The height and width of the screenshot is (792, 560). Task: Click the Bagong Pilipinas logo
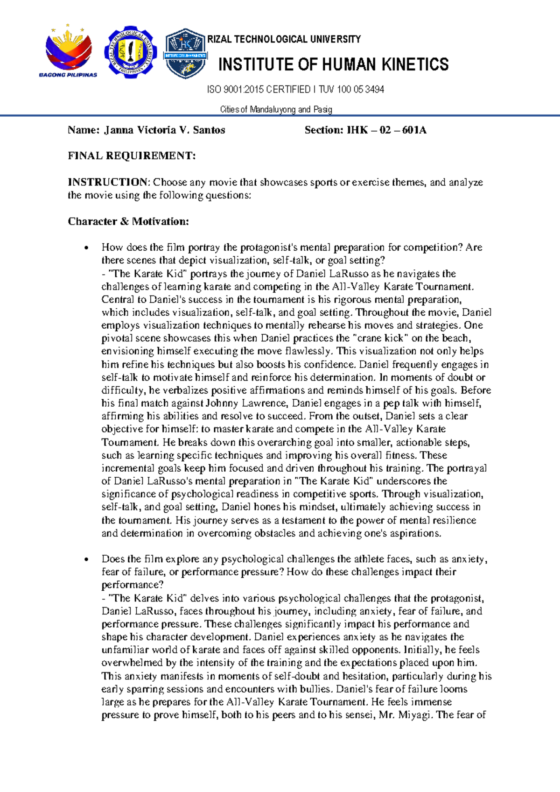point(68,51)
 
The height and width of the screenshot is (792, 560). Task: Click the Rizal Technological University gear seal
point(130,52)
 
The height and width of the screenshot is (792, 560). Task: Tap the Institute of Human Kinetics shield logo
point(185,53)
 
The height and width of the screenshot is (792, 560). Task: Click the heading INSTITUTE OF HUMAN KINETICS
point(333,64)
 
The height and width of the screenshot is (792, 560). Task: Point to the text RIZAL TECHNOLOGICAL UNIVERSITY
point(284,39)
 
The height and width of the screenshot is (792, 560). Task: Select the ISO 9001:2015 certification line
point(295,89)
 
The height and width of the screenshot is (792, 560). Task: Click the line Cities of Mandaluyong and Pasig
point(276,109)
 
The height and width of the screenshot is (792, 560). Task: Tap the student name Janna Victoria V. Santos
point(165,130)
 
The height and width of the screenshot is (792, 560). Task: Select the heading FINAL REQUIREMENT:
point(132,156)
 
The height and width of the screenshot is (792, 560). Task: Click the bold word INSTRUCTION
point(107,182)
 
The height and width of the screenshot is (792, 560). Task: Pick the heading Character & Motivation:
point(128,221)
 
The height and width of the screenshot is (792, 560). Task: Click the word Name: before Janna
point(84,130)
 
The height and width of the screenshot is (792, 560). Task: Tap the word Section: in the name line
point(324,130)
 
